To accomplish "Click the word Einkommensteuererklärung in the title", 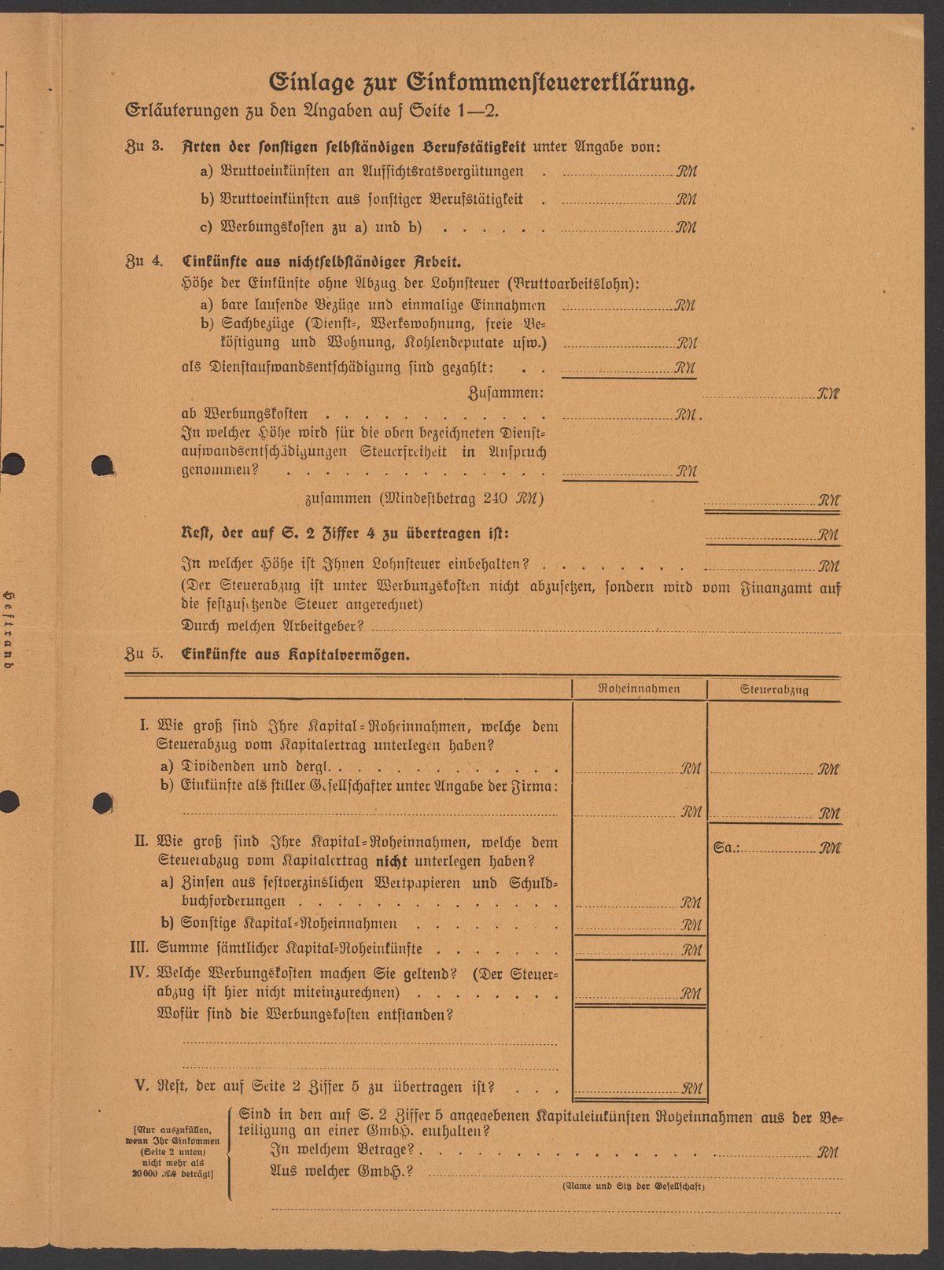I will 551,83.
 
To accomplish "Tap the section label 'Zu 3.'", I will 144,147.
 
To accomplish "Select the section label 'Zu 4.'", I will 144,261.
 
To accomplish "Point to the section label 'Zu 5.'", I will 144,653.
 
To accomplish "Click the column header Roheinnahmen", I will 639,689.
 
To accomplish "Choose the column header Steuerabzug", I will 774,690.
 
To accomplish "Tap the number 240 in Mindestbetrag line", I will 498,499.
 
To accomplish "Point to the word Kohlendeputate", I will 455,343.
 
